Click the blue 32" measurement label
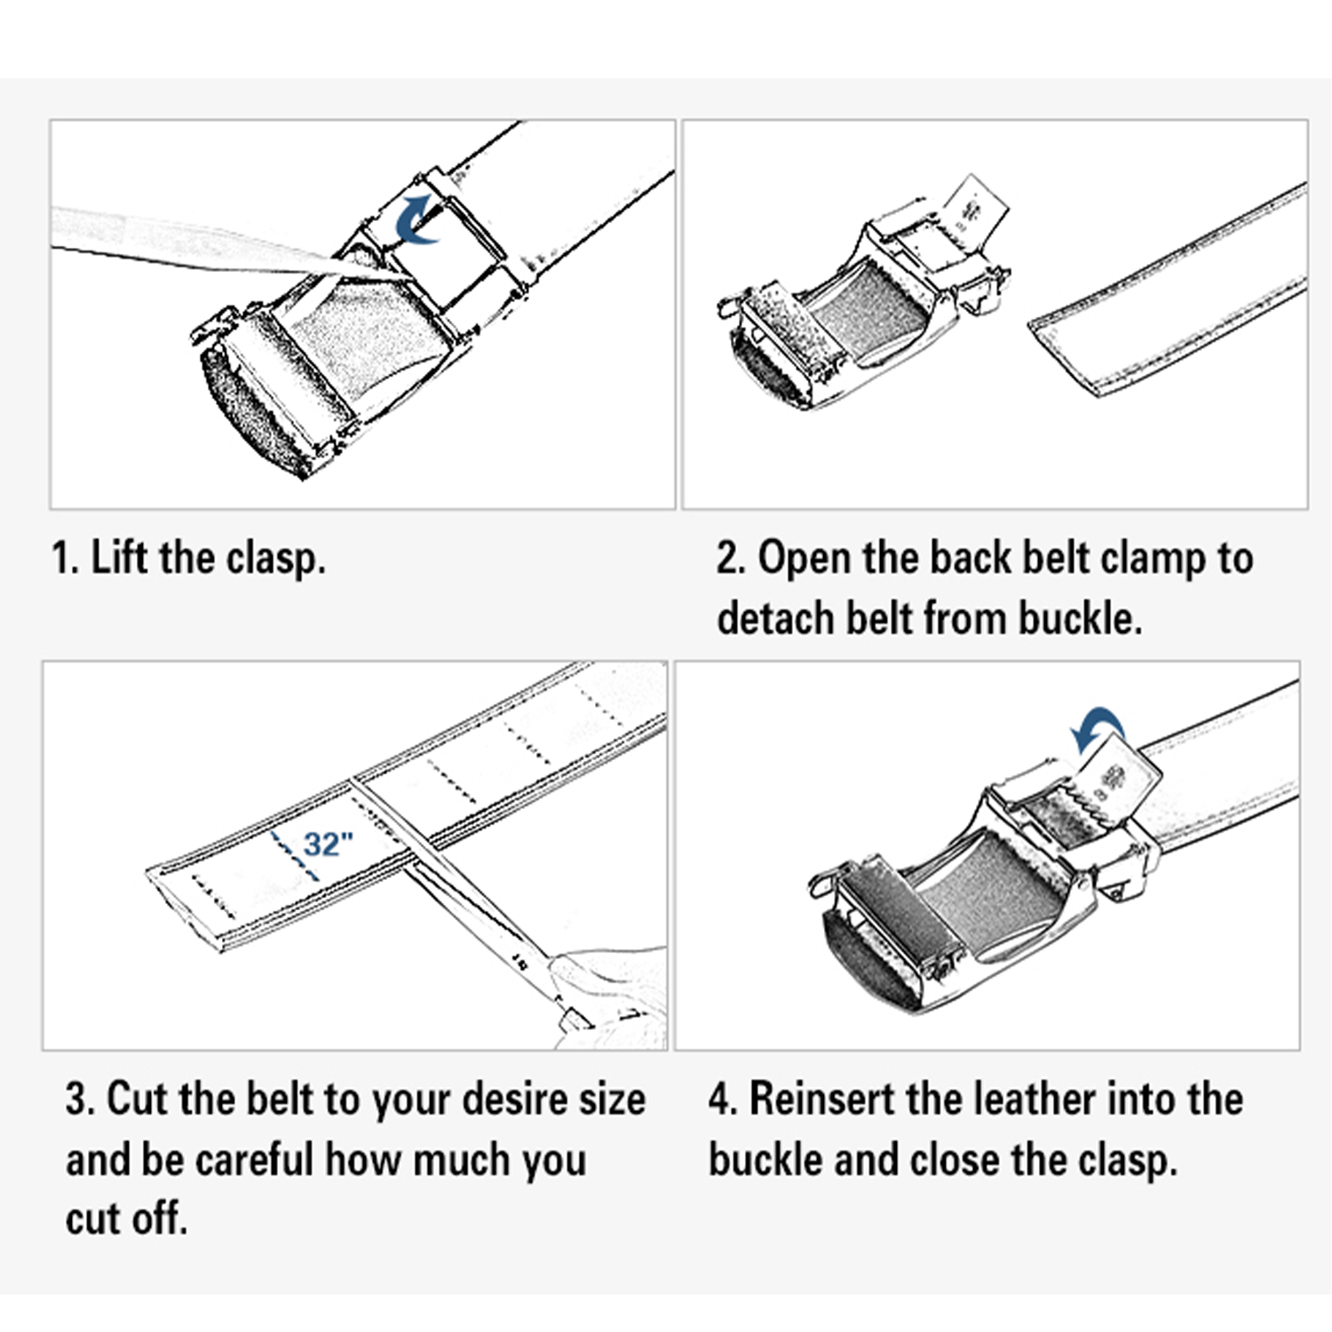(329, 843)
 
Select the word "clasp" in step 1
(275, 559)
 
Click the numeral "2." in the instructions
(731, 559)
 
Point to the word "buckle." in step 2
(1080, 617)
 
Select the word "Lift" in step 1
(119, 559)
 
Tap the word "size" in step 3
(613, 1099)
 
